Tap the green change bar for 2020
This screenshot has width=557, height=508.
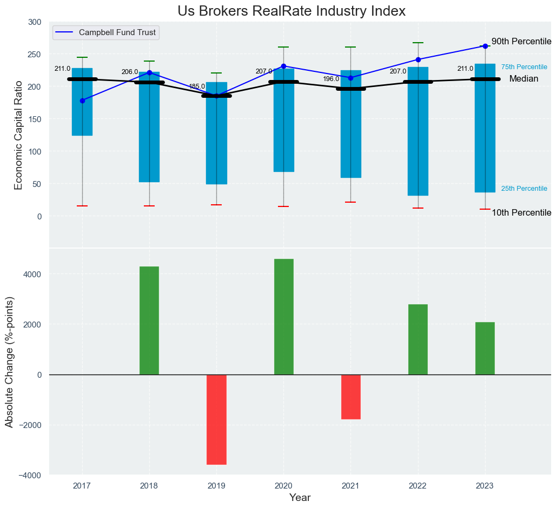[x=283, y=317]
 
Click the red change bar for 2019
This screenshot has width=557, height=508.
[x=216, y=419]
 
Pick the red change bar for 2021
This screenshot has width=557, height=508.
[x=350, y=397]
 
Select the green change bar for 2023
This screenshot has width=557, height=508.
[x=485, y=348]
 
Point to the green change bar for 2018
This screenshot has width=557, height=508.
[x=149, y=320]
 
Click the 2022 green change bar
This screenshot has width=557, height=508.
[x=418, y=339]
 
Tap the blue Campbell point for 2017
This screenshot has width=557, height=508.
[x=82, y=101]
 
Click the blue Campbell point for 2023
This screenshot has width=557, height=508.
[x=485, y=46]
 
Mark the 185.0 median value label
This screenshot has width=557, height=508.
[x=196, y=86]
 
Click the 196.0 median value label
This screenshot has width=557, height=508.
[x=331, y=79]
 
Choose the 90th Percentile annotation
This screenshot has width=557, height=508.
[x=521, y=42]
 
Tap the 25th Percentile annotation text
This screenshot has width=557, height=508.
[x=524, y=189]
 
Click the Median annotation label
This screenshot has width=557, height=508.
[x=523, y=79]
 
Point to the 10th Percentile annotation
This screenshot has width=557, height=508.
[x=521, y=213]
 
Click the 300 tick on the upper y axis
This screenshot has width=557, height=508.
[x=35, y=22]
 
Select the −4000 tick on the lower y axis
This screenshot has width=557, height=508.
[x=31, y=475]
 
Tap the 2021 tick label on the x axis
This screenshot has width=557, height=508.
[x=350, y=486]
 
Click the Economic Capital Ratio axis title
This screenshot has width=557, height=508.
[x=19, y=135]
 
